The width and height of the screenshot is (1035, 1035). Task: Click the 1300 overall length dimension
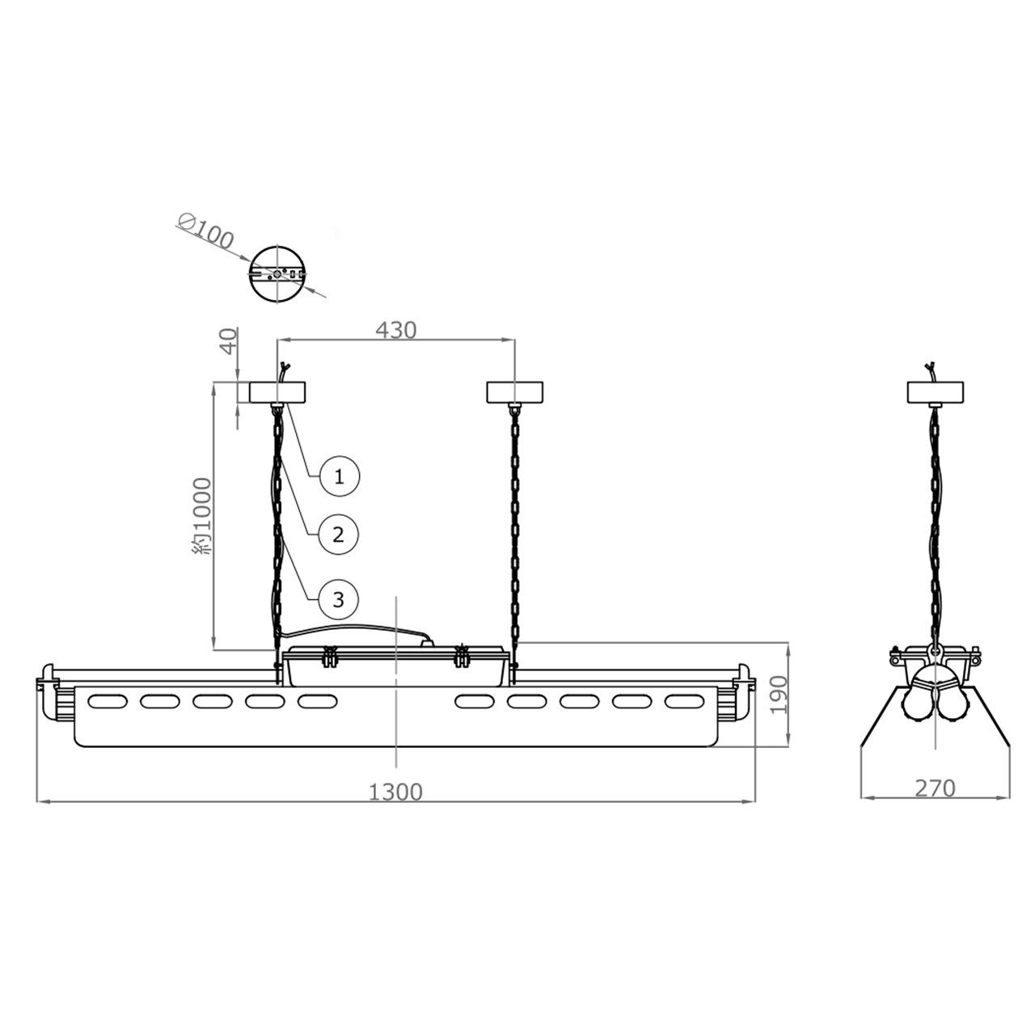coord(395,792)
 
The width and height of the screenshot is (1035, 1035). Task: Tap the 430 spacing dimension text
coord(396,331)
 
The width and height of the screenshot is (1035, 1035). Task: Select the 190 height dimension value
coord(778,695)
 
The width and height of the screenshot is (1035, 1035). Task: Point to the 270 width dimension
coord(935,788)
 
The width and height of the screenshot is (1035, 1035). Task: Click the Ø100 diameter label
coord(205,231)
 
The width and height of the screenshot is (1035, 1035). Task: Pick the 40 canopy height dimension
coord(229,341)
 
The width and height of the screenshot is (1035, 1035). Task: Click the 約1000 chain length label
coord(203,516)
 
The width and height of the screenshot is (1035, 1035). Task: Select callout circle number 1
coord(339,476)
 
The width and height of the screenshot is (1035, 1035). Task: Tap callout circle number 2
coord(338,535)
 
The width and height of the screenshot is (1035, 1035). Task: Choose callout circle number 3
coord(338,599)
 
